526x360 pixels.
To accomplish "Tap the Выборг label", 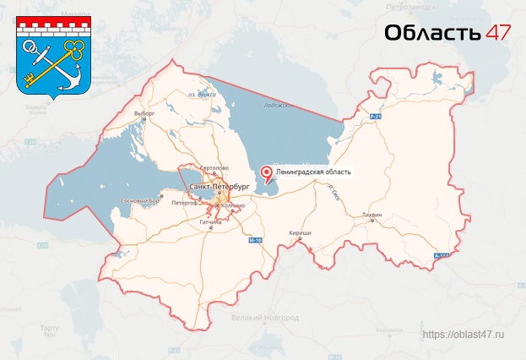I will pos(144,112).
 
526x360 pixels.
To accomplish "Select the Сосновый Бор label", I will pos(141,201).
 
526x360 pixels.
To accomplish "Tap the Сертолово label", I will pos(217,168).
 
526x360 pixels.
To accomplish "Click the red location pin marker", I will pos(268,174).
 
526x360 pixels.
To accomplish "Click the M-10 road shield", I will pos(256,241).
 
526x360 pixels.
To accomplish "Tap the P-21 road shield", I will pos(376,117).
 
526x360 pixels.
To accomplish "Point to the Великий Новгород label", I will pos(264,319).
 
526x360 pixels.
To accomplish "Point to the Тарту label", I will pos(48,327).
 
